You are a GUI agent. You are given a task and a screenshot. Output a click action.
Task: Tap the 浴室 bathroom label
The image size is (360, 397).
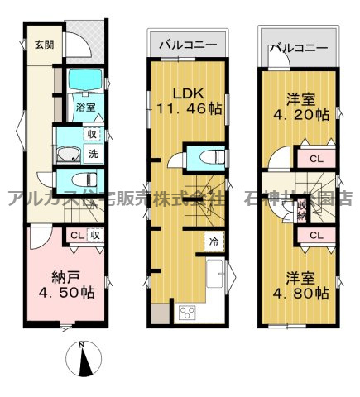click(85, 107)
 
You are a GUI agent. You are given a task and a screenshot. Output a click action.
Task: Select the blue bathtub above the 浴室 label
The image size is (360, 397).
click(84, 81)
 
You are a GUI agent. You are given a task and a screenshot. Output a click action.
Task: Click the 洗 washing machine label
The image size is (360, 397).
click(95, 153)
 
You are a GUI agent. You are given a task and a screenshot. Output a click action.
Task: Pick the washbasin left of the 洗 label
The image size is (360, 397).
click(69, 154)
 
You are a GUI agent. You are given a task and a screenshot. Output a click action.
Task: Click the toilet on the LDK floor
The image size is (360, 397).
click(208, 156)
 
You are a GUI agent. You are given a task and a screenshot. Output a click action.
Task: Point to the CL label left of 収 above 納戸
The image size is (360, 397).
click(75, 236)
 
